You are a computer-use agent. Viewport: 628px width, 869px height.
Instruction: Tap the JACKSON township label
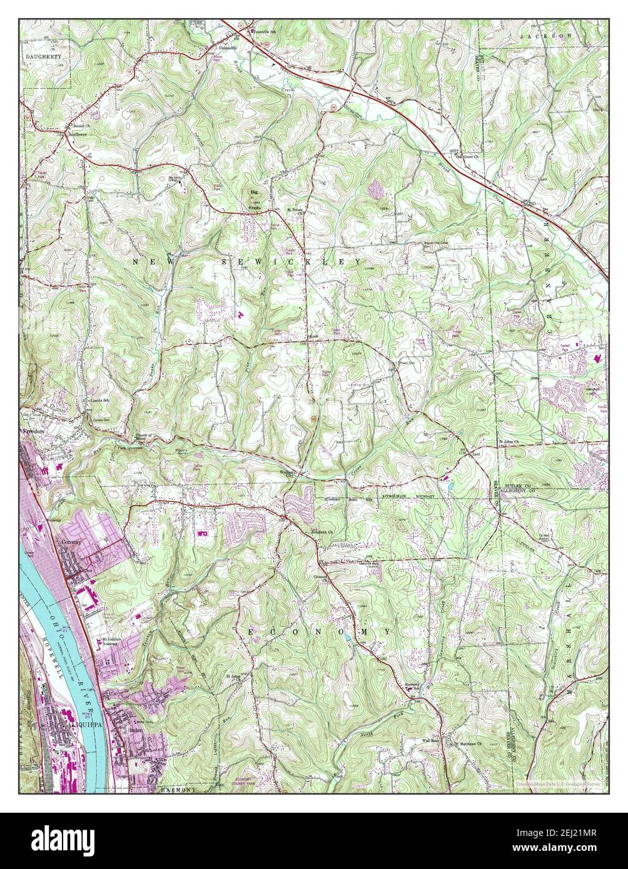tap(546, 37)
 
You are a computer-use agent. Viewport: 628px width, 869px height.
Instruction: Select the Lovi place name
tap(478, 455)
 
